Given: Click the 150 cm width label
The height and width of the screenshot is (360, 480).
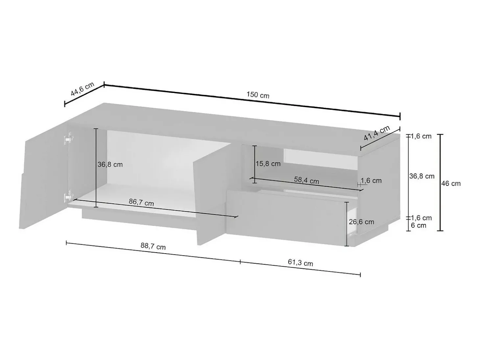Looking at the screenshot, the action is (258, 95).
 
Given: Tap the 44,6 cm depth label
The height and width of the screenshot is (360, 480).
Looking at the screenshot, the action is (82, 89).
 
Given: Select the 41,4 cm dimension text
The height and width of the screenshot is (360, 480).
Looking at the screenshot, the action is (377, 133).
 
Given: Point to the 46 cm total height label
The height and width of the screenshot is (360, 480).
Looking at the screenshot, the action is (451, 184).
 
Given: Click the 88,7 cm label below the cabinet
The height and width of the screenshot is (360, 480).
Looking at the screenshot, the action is (153, 246).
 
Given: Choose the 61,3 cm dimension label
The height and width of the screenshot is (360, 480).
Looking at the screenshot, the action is (300, 262).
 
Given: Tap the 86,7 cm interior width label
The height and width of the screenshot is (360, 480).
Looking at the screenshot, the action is (141, 202).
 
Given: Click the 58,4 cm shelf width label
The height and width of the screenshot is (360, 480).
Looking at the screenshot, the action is (306, 180).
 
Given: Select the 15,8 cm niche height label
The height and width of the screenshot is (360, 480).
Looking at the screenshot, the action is (268, 164).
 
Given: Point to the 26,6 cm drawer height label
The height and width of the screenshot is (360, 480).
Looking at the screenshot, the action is (361, 222).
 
